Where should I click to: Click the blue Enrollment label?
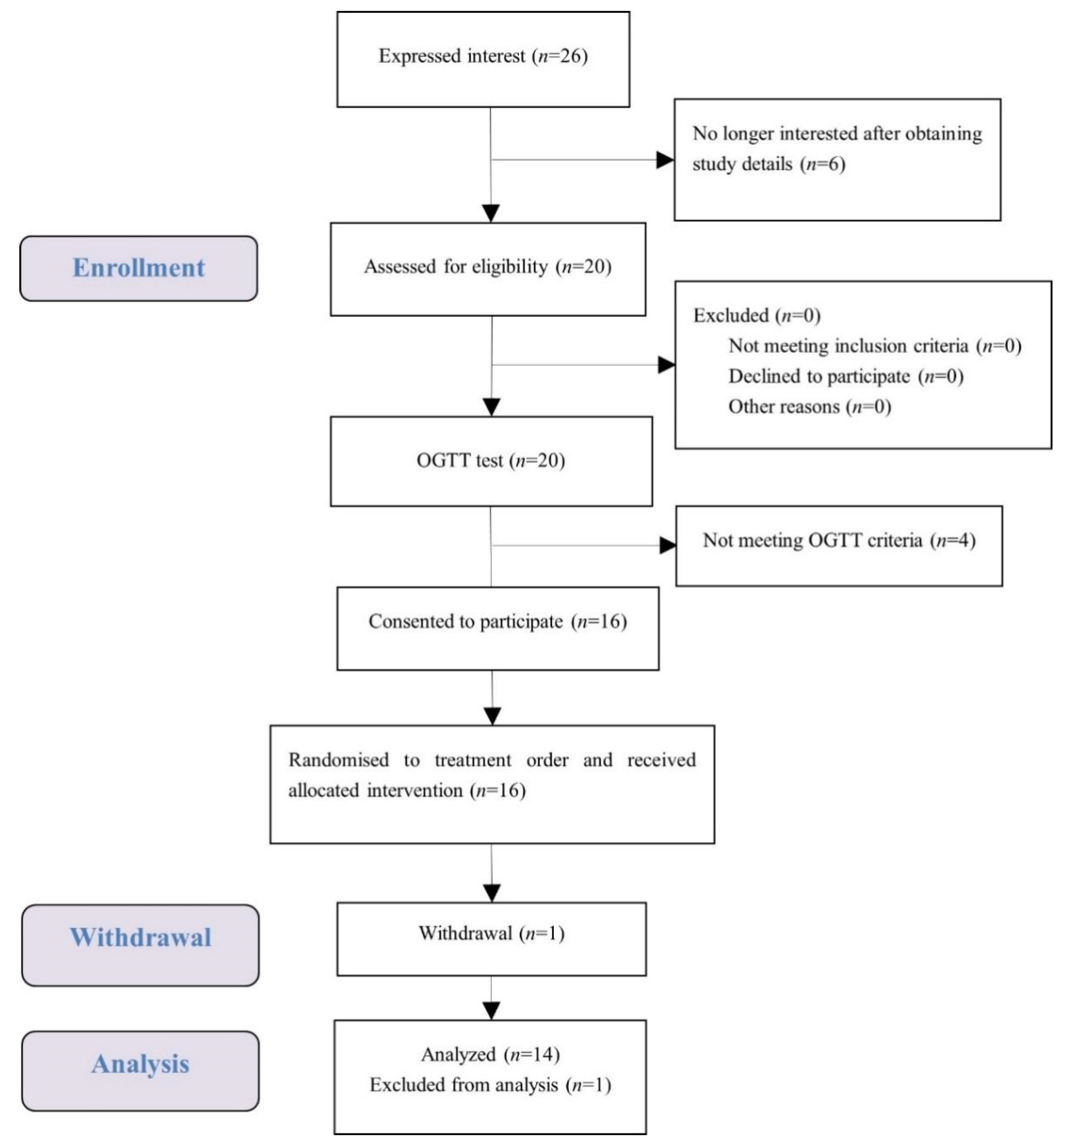pos(138,268)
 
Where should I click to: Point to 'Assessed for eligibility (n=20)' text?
pos(487,267)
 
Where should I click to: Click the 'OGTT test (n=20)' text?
pos(490,461)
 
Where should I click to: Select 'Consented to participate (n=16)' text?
pos(497,622)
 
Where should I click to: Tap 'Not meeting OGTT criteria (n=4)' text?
pos(838,540)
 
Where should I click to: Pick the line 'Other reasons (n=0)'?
pos(809,407)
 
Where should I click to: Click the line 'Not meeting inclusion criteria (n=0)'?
pos(874,346)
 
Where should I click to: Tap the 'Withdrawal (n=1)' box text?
pos(491,933)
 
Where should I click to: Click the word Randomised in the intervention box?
pos(338,760)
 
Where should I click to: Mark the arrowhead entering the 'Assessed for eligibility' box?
pos(490,213)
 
